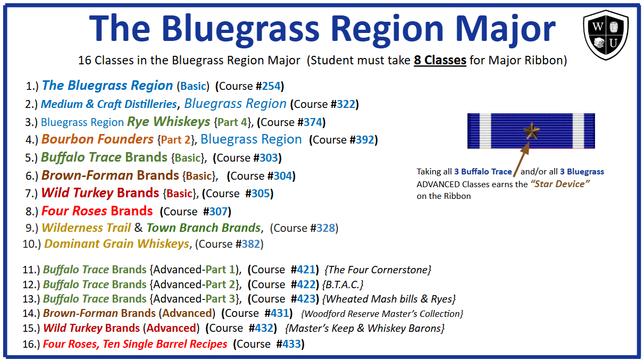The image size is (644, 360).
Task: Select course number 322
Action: [346, 104]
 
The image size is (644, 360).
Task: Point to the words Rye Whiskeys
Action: [169, 122]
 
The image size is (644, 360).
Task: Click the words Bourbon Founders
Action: [97, 139]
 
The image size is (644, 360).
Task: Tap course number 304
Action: [283, 176]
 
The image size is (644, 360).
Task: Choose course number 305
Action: [261, 194]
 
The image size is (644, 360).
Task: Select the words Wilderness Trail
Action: [86, 228]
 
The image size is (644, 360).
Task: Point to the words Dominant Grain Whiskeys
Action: [116, 244]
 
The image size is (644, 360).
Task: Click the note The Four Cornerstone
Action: [379, 270]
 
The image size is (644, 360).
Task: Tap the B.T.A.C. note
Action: [345, 284]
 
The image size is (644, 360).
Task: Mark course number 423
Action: [305, 299]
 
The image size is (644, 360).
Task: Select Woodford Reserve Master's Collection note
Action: [382, 314]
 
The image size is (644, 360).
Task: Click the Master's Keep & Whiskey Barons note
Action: [365, 328]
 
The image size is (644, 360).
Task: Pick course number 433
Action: [291, 344]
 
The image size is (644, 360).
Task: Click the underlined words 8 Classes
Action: [440, 61]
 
